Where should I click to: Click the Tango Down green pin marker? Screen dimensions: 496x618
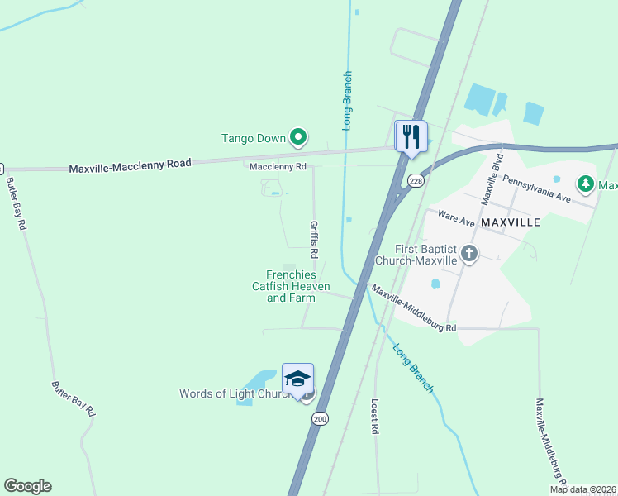[298, 137]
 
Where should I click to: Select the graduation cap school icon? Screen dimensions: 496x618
[297, 379]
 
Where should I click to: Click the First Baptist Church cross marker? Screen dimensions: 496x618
[469, 254]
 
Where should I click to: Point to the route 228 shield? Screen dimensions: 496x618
[416, 181]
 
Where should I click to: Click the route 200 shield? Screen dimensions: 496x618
[320, 419]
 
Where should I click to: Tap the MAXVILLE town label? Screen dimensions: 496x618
[511, 222]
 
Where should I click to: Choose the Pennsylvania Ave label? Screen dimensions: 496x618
[537, 188]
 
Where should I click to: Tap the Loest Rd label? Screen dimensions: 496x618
[374, 417]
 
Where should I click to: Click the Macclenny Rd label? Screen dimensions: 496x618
[278, 166]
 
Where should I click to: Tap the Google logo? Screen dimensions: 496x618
[27, 486]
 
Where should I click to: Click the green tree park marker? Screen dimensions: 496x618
[586, 183]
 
